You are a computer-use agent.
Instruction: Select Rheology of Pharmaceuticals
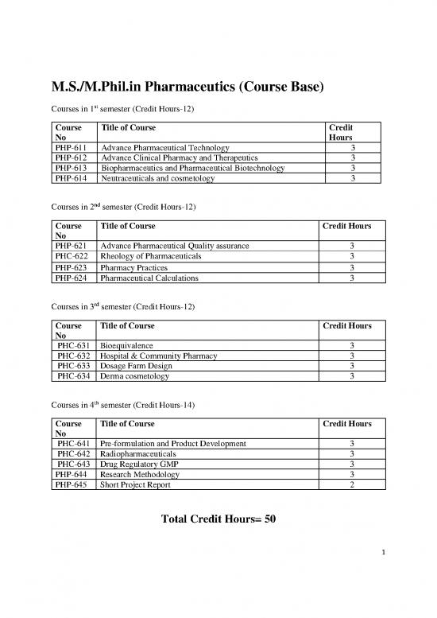click(x=151, y=257)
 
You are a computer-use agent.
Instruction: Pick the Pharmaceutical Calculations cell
click(x=149, y=278)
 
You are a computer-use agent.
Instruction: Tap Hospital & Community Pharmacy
click(x=159, y=356)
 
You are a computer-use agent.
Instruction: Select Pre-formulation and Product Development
click(x=173, y=443)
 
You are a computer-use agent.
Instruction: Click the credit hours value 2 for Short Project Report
click(x=351, y=484)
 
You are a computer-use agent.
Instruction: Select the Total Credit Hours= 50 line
click(x=218, y=519)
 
